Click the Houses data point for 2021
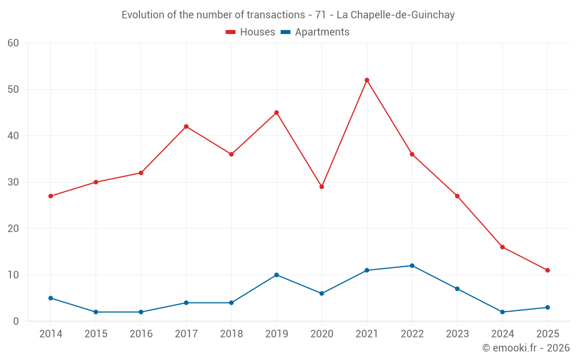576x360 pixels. (367, 80)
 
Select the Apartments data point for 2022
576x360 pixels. (412, 266)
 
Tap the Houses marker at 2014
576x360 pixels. (51, 196)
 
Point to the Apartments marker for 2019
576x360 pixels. (276, 275)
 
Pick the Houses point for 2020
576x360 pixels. (321, 187)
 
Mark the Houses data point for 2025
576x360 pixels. (547, 270)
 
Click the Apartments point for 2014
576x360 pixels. (51, 298)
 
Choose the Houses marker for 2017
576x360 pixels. (186, 126)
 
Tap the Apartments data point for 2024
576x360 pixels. (502, 312)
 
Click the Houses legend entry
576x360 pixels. (251, 32)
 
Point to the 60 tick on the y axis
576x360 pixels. (13, 43)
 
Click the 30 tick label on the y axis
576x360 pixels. (13, 182)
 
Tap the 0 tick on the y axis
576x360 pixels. (16, 321)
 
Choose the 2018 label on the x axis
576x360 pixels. (231, 334)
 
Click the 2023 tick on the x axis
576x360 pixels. (457, 334)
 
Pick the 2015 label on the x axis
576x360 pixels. (96, 334)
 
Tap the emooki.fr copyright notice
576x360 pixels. (526, 348)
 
